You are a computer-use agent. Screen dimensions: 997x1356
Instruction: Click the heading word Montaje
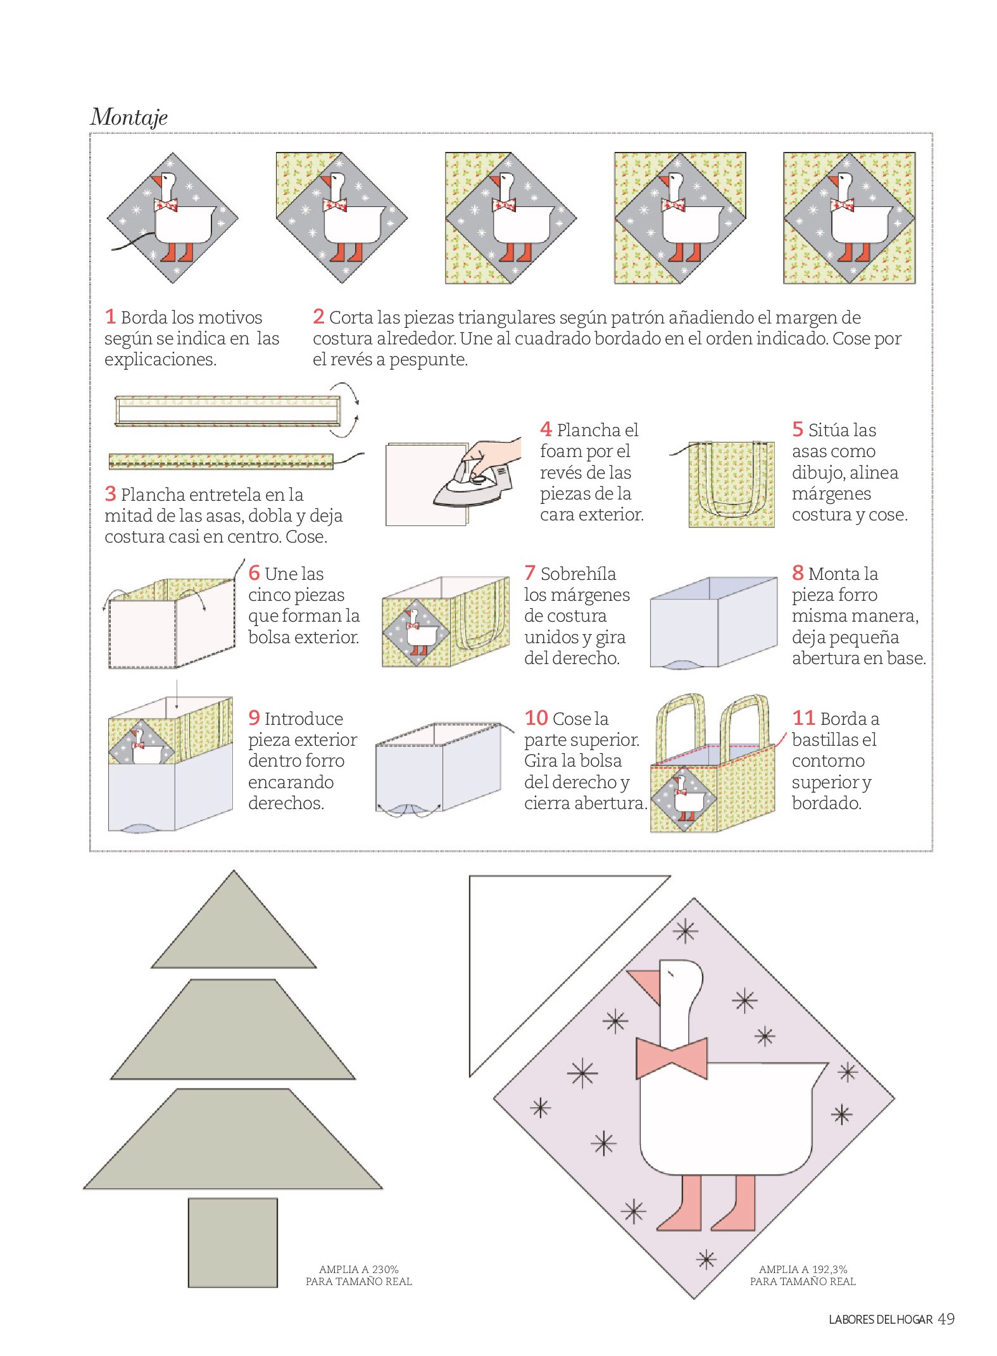129,117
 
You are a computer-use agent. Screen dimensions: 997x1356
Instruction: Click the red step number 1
110,316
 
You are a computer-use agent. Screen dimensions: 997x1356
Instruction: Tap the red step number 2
318,316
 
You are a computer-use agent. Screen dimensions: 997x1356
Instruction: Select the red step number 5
798,429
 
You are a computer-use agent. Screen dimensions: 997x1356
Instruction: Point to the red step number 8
798,573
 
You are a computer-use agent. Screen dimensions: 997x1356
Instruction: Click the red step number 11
803,718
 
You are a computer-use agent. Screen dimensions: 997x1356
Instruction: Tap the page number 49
946,1319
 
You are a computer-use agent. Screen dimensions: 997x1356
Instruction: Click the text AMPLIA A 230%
359,1269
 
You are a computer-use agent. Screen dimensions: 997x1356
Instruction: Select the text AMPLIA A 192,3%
803,1269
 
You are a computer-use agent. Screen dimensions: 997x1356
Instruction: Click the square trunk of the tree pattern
233,1243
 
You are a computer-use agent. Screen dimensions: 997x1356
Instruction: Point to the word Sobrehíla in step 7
578,574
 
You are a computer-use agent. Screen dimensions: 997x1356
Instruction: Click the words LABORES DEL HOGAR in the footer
881,1320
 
